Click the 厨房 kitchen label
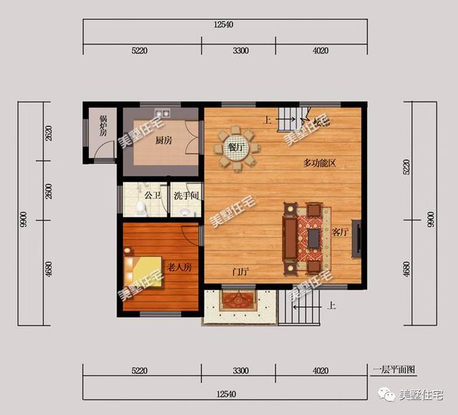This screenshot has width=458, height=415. [x=164, y=140]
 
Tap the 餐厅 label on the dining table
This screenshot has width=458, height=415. [x=235, y=148]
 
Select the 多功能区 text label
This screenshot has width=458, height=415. [x=319, y=163]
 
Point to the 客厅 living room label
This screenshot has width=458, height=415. [x=341, y=232]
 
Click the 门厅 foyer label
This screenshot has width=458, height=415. [x=240, y=272]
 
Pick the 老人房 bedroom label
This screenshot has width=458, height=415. [x=179, y=267]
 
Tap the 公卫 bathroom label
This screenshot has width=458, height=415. [x=152, y=195]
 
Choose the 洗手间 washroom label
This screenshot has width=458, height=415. [x=186, y=195]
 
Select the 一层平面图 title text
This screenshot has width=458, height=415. [x=394, y=370]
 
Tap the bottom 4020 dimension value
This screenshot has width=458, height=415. [x=321, y=371]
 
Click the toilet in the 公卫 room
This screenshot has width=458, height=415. [x=141, y=207]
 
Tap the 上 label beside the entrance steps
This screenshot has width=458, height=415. [x=332, y=307]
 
